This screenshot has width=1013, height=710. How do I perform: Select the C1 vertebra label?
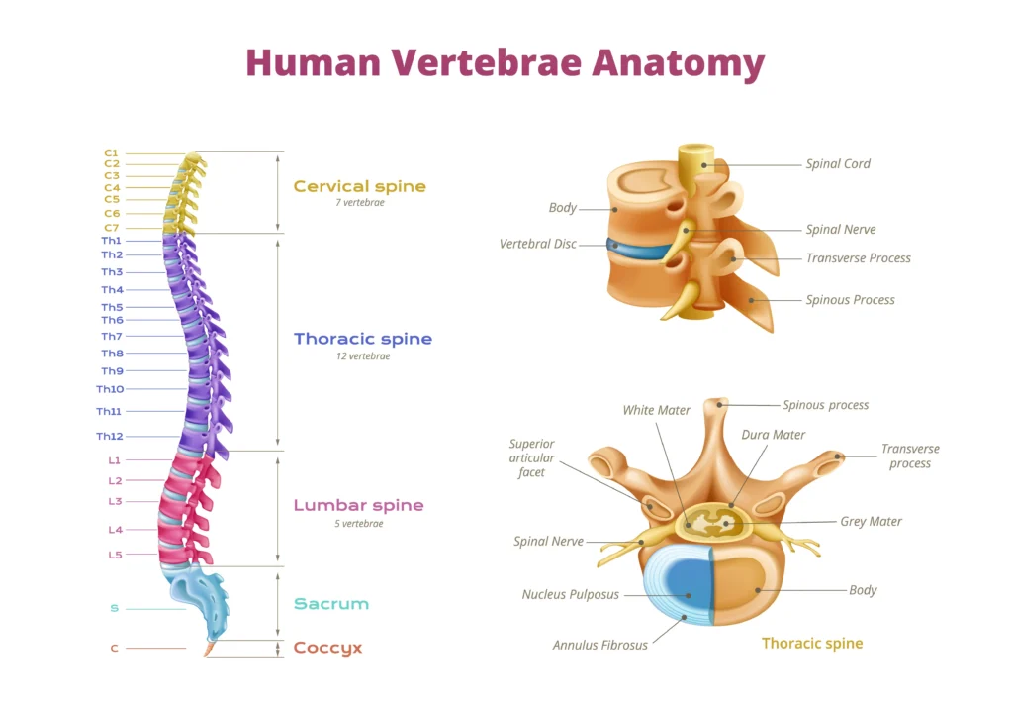click(111, 152)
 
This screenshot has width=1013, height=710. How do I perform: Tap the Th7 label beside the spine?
click(112, 337)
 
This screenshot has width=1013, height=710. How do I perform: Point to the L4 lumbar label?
click(115, 530)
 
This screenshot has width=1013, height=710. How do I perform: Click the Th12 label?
click(109, 437)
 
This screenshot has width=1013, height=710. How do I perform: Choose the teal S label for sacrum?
click(114, 609)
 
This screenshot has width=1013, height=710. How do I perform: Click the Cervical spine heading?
click(359, 186)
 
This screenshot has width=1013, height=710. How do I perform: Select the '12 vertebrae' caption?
click(363, 356)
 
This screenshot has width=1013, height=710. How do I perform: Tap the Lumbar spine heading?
click(358, 506)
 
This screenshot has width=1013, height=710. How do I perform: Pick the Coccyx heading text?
click(327, 648)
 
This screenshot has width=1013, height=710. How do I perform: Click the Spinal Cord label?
click(838, 164)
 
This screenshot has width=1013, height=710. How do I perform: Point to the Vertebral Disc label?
click(537, 244)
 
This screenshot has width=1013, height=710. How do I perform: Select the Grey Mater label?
click(871, 521)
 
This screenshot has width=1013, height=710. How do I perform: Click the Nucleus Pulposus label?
click(570, 595)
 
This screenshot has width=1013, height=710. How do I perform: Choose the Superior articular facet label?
click(531, 458)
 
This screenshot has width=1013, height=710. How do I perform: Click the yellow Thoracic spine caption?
click(812, 643)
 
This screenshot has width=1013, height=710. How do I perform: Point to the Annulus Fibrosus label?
click(599, 645)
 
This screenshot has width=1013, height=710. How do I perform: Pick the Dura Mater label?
click(773, 435)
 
